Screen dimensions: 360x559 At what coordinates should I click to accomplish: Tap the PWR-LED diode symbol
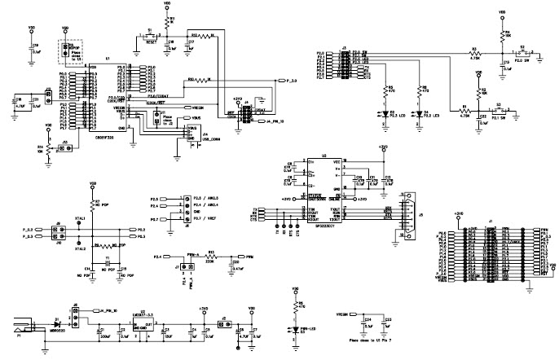pos(294,328)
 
